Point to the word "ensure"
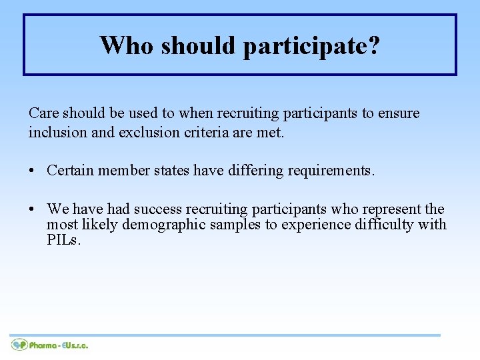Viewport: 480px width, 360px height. (x=399, y=113)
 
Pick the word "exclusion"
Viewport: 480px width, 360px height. (x=149, y=132)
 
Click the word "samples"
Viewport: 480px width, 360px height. (x=236, y=225)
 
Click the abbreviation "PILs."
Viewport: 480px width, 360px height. (x=64, y=240)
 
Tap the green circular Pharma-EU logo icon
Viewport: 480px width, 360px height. (x=19, y=345)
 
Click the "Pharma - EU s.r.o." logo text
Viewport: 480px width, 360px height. (x=59, y=345)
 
